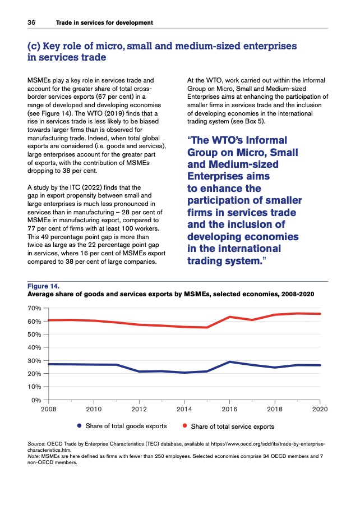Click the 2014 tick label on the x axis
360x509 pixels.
click(x=184, y=409)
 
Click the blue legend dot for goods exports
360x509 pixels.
click(x=80, y=426)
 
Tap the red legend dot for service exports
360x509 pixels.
click(x=185, y=426)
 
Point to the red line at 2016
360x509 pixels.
click(x=230, y=317)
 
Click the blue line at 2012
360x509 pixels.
click(x=139, y=372)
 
